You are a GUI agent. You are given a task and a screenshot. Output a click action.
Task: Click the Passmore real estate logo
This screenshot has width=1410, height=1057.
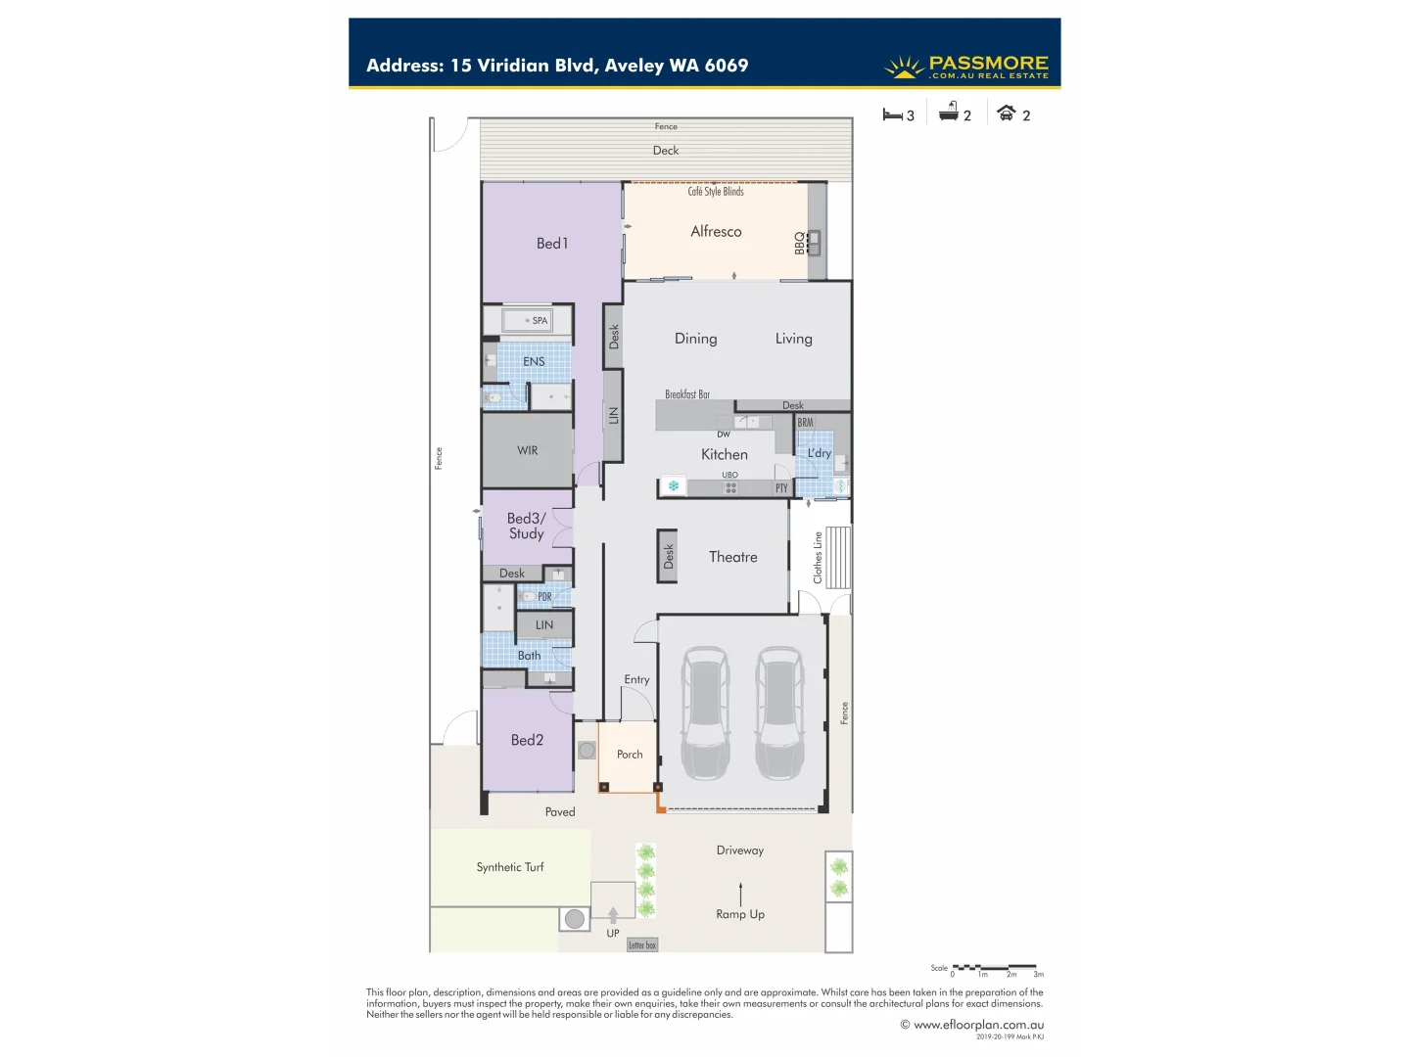click(x=966, y=67)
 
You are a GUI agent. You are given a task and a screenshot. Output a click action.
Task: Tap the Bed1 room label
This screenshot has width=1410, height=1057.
click(x=552, y=244)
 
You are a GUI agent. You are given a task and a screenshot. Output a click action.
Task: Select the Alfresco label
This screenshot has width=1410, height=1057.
click(x=716, y=232)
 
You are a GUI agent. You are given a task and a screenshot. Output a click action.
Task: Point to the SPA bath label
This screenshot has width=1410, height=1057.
click(x=540, y=321)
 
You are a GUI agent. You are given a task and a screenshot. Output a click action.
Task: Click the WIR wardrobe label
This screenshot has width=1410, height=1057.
click(x=528, y=451)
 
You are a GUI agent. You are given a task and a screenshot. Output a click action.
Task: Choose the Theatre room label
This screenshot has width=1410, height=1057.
click(x=733, y=557)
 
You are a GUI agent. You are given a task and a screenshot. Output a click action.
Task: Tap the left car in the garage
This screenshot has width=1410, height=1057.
click(x=705, y=712)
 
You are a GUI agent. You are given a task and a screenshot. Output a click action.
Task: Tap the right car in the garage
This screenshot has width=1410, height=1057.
click(x=779, y=712)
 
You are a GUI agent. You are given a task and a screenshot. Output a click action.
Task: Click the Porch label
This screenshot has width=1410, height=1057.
click(x=630, y=755)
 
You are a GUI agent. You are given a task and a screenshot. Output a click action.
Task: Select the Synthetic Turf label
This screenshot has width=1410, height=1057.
click(x=510, y=867)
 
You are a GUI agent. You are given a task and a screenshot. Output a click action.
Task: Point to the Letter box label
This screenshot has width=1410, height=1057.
click(x=642, y=945)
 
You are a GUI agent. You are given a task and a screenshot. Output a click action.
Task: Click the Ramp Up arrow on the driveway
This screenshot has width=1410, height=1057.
click(x=740, y=894)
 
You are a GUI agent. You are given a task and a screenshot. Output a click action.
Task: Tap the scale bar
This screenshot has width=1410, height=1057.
click(x=994, y=968)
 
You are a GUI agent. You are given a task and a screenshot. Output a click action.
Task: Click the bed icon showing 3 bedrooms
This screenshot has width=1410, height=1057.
click(x=892, y=115)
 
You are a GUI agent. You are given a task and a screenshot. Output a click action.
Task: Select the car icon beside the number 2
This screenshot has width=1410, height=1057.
click(x=1006, y=114)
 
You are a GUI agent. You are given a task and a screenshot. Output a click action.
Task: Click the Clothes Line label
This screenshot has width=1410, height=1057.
click(x=818, y=558)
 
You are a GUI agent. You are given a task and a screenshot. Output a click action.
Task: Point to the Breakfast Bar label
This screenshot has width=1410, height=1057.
click(x=687, y=394)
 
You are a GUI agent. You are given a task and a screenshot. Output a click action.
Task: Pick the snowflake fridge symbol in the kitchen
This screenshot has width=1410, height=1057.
click(x=674, y=486)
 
